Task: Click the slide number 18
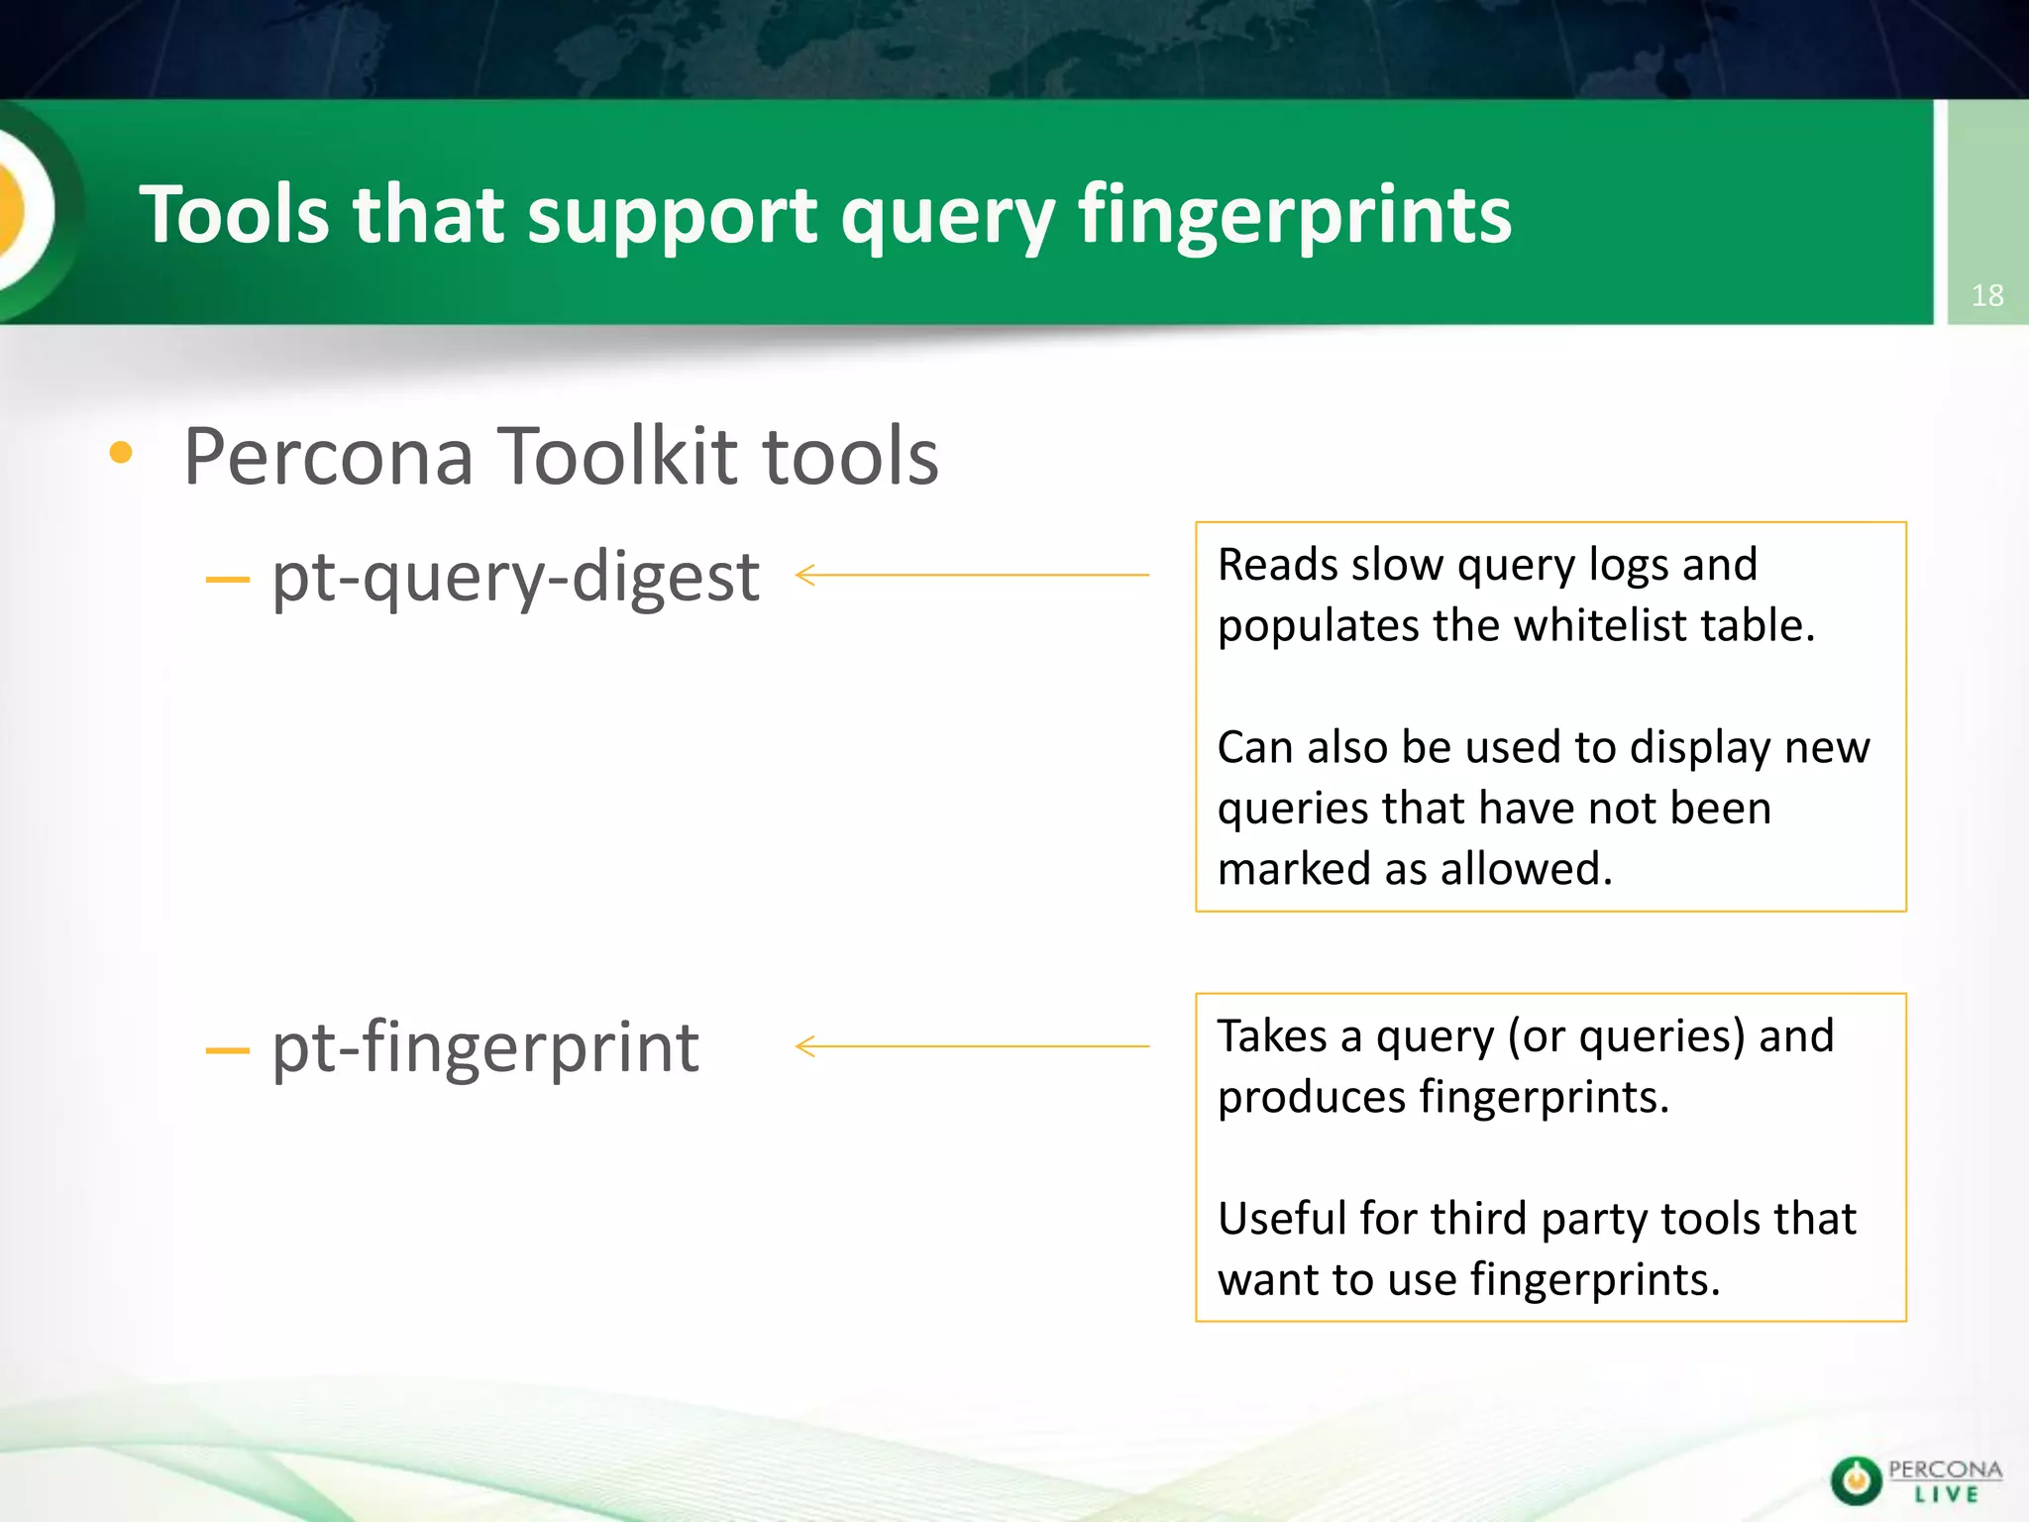(x=1986, y=295)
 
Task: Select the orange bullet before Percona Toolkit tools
(x=121, y=454)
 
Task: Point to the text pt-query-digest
(x=515, y=577)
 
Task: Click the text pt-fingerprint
(x=485, y=1047)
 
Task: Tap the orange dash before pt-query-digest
(x=227, y=580)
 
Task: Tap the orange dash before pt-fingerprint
(x=227, y=1050)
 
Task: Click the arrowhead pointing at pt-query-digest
(x=804, y=575)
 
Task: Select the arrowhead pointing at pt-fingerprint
(x=804, y=1046)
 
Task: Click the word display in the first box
(x=1700, y=747)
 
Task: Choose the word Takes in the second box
(x=1272, y=1036)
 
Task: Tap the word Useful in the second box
(x=1281, y=1219)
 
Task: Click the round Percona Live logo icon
(x=1856, y=1480)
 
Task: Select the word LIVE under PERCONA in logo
(x=1946, y=1495)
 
